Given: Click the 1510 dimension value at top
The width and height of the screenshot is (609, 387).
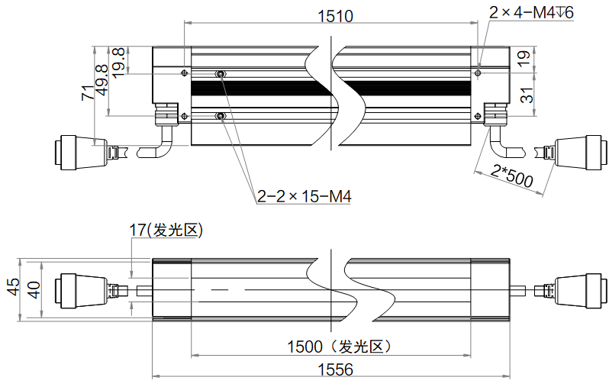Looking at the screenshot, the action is pos(335,16).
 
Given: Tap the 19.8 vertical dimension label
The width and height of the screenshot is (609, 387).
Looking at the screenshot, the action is pos(118,63).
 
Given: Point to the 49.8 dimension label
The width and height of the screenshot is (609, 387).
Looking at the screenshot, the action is pos(102,80).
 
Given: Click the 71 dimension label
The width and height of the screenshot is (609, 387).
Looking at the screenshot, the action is pos(89,93).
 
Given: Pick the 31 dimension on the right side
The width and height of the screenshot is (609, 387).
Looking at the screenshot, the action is pos(527,95).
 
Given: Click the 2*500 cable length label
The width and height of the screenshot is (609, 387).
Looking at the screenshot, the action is pos(511,176).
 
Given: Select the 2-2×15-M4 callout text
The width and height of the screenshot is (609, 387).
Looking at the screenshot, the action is pos(304,196).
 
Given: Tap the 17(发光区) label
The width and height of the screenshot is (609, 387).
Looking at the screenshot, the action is pos(166,230).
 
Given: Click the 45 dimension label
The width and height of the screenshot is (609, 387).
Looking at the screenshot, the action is pos(14,287).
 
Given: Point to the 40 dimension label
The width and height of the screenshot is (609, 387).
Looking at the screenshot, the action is pos(34,290).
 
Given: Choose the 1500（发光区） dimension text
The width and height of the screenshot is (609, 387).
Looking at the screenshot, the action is pos(339,347).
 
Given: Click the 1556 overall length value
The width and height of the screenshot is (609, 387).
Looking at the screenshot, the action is pos(336,369).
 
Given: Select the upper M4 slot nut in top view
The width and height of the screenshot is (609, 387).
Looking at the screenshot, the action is pos(221,73).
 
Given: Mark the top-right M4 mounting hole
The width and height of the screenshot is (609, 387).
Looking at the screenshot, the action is pos(478,73).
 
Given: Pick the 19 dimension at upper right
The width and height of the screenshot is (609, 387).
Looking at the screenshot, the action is pos(524,58).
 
